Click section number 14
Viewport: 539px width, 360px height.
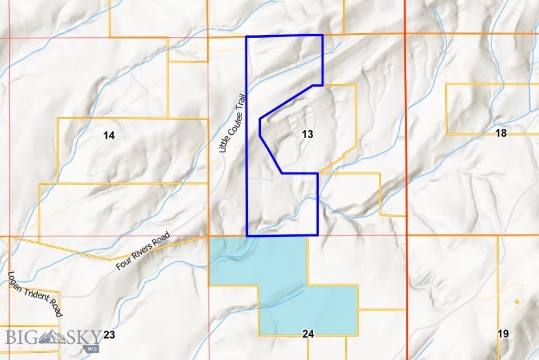(x=109, y=135)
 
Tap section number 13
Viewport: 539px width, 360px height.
(x=308, y=134)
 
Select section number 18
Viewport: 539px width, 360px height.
(x=501, y=133)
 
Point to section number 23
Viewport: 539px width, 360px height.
(x=109, y=335)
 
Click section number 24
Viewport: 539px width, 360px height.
(x=309, y=334)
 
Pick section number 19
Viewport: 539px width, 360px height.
(x=503, y=334)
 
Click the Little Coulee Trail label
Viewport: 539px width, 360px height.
(x=232, y=122)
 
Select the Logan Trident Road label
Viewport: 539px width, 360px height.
(x=35, y=294)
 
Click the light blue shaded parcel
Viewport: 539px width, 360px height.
(x=286, y=286)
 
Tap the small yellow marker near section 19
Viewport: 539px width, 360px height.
(x=516, y=302)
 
